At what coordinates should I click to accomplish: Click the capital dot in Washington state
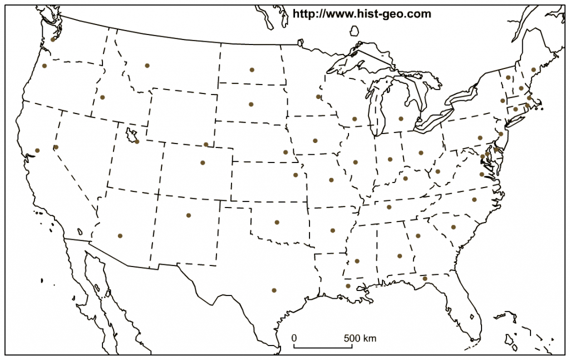(x=53, y=40)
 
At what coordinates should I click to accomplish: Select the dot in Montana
(x=147, y=66)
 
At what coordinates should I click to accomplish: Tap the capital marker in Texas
(x=274, y=290)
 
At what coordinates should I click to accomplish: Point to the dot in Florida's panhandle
(x=425, y=278)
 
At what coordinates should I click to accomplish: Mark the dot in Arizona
(x=120, y=235)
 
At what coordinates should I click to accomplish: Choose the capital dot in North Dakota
(x=252, y=70)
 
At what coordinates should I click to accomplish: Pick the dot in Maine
(x=533, y=70)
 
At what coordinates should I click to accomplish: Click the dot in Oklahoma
(x=277, y=222)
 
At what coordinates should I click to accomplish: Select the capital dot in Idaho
(x=102, y=97)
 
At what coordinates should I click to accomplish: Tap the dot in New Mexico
(x=189, y=215)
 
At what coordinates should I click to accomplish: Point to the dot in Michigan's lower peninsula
(x=401, y=119)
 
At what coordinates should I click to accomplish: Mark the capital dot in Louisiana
(x=348, y=286)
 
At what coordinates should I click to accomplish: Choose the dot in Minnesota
(x=318, y=97)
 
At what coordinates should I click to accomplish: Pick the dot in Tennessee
(x=389, y=208)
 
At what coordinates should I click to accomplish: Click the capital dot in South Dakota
(x=251, y=104)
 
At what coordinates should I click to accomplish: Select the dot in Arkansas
(x=333, y=230)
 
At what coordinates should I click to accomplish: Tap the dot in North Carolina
(x=474, y=199)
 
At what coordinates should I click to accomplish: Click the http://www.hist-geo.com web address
(x=362, y=14)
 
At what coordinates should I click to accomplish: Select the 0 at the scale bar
(x=294, y=338)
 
